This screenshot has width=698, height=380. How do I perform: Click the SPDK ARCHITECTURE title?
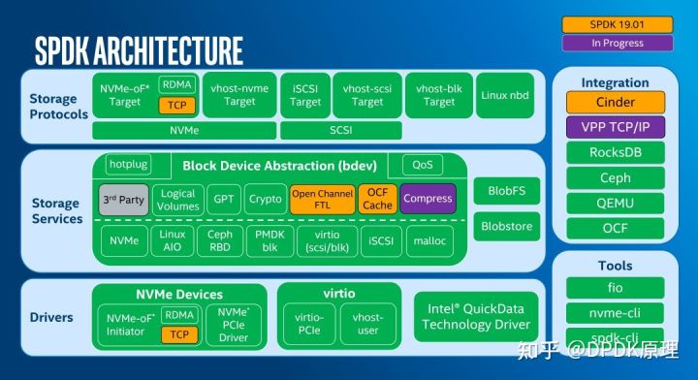pos(139,48)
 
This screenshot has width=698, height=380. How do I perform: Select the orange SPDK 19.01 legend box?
pos(617,24)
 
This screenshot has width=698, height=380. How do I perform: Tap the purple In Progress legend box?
pos(617,43)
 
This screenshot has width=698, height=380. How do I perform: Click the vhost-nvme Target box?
pos(239,95)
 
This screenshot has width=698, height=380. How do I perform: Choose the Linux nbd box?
pos(505,95)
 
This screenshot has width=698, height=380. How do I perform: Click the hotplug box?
pos(128,166)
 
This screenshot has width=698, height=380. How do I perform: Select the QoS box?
pos(423,166)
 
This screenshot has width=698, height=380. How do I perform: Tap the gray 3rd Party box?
pos(122,199)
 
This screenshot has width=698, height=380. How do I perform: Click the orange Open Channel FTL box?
pos(322,199)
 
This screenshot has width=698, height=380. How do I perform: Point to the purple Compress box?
pos(428,199)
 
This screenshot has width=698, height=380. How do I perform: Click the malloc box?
pos(429,240)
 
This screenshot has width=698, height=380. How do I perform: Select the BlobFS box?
pos(506,192)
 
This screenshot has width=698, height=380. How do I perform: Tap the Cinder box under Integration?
pos(616,103)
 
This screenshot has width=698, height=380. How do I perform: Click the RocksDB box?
pos(616,153)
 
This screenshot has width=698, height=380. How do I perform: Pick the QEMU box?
pos(616,204)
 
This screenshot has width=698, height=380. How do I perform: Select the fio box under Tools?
pos(616,288)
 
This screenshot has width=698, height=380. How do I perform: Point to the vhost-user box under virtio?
pos(367,324)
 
